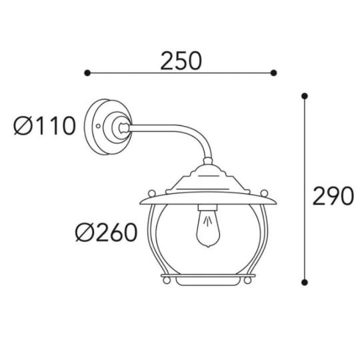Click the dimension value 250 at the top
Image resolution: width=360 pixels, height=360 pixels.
tap(180, 61)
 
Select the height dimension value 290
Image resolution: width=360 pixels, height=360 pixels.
tap(331, 196)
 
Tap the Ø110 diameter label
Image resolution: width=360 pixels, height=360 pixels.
tap(45, 125)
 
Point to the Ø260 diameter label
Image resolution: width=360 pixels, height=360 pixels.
tap(106, 233)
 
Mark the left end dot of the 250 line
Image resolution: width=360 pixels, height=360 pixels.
tap(85, 72)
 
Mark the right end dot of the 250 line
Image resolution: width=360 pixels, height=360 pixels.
tap(275, 72)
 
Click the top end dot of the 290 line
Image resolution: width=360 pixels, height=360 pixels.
tap(304, 96)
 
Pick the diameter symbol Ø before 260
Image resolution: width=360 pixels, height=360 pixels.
tap(85, 233)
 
